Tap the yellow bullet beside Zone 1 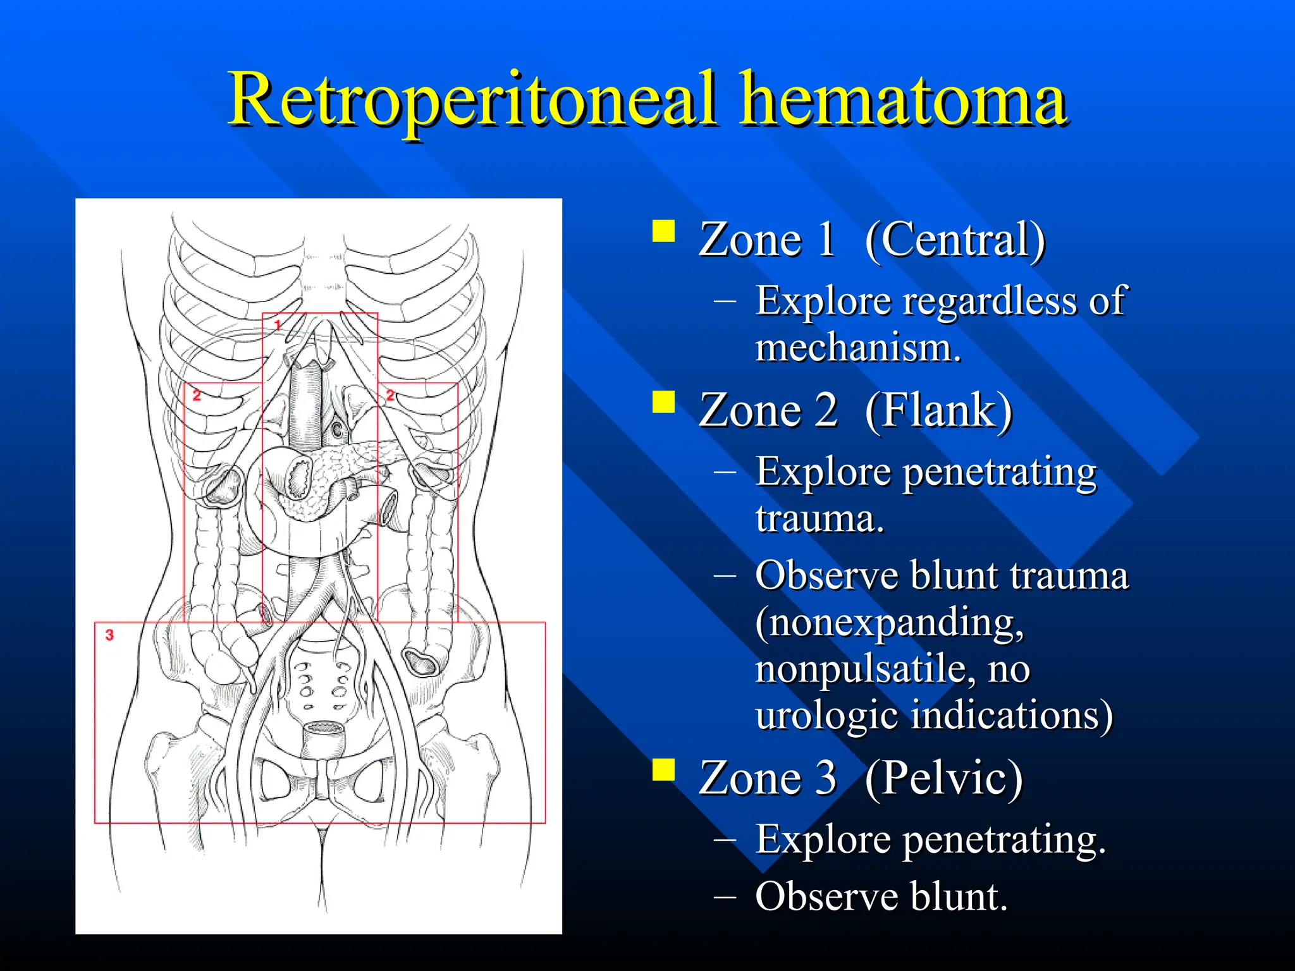pos(663,231)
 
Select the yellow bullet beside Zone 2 pos(663,401)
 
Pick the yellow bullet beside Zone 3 pos(663,769)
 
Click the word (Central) pos(955,240)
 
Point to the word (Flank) pos(938,411)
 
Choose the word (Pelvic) pos(943,778)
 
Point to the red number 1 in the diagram pos(278,325)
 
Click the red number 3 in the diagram pos(109,635)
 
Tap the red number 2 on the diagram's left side pos(197,396)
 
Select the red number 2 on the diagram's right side pos(390,396)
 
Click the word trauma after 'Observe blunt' pos(1069,577)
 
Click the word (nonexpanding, pos(889,623)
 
